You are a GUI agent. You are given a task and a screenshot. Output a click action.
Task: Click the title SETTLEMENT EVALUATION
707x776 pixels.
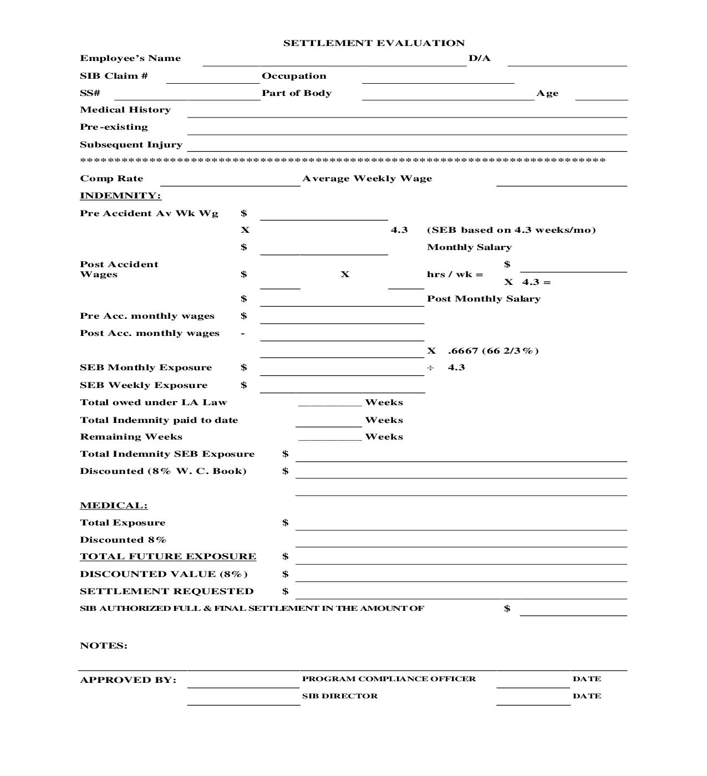[374, 43]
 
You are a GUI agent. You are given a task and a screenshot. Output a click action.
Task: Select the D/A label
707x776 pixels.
[480, 58]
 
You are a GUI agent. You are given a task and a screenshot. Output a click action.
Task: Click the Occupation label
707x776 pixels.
[294, 76]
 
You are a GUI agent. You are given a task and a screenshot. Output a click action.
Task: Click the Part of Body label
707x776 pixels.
[297, 93]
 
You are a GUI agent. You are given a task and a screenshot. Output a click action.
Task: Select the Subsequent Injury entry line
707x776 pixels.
[407, 148]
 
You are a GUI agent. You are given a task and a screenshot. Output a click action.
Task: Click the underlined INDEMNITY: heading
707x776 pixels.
[120, 196]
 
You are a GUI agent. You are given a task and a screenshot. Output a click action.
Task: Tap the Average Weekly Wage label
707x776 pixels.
[367, 178]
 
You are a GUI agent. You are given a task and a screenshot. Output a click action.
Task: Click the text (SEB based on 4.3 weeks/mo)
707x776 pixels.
[511, 230]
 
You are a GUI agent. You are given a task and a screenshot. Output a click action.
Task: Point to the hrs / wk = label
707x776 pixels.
[455, 274]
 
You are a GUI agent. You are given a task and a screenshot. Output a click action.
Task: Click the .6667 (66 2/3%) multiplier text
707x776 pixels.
[493, 351]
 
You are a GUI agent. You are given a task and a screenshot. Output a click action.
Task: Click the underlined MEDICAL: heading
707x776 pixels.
[114, 506]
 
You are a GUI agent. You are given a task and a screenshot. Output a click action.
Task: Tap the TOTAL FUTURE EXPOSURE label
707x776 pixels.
[168, 557]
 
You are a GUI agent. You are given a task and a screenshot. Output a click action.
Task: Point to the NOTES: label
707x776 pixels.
[104, 646]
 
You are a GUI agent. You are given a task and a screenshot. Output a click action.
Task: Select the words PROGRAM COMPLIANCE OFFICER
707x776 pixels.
[389, 679]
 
